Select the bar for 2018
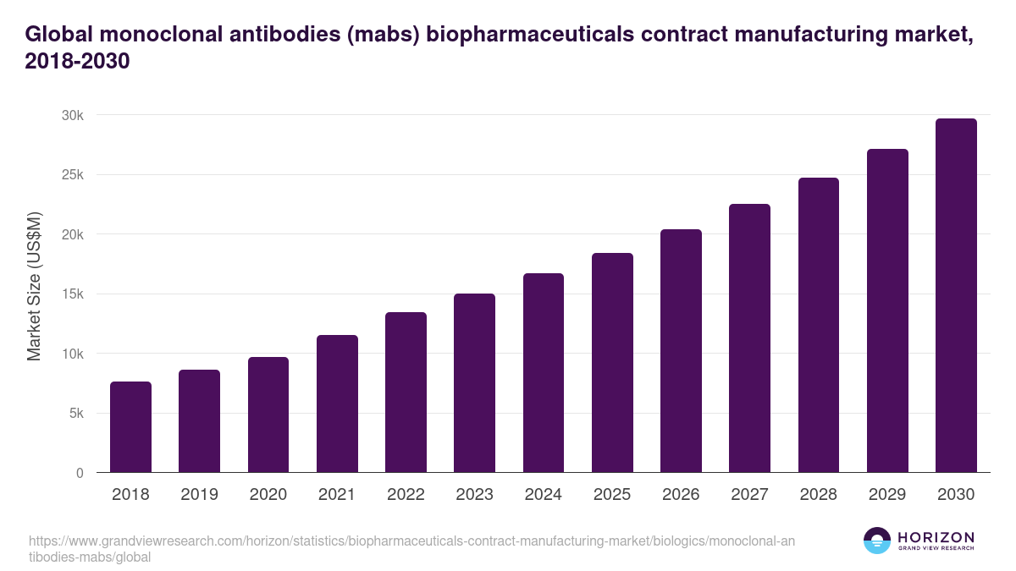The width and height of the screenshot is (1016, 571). click(x=130, y=427)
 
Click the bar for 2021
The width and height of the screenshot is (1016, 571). click(x=337, y=404)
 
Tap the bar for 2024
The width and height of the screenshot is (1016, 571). click(x=544, y=373)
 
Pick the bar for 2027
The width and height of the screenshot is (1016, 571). click(x=749, y=338)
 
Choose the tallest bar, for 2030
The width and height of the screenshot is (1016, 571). click(x=956, y=295)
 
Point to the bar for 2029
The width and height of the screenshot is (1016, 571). click(x=887, y=310)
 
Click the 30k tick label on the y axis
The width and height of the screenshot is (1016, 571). click(x=72, y=115)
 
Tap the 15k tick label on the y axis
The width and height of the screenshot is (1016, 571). click(x=72, y=294)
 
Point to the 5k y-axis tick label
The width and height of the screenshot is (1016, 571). click(x=75, y=414)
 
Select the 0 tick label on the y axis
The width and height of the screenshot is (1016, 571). click(x=80, y=474)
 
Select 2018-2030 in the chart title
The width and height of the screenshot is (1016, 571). click(x=77, y=62)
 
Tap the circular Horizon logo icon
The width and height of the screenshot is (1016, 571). click(x=876, y=541)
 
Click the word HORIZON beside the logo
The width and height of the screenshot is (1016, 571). click(x=936, y=537)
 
